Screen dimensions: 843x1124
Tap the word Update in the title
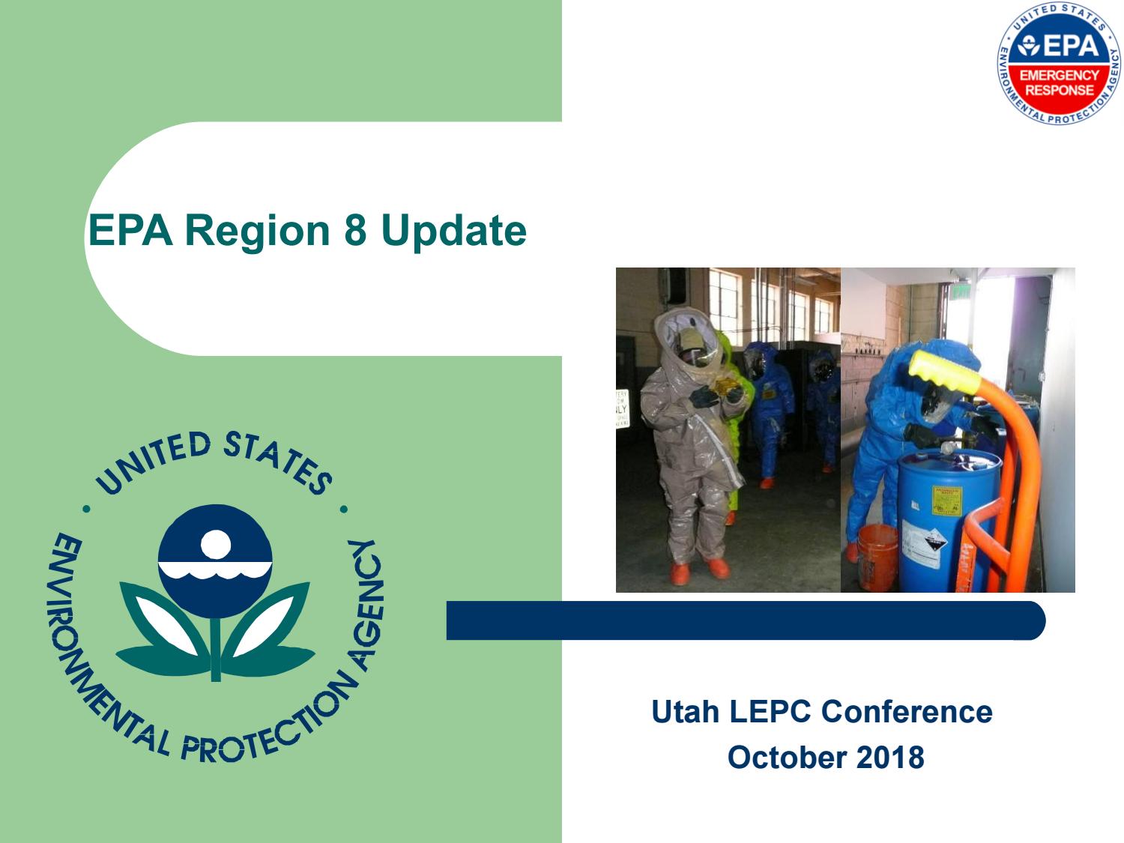[x=453, y=230]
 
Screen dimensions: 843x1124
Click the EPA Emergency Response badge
[x=1060, y=63]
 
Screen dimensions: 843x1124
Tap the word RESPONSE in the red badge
[x=1060, y=90]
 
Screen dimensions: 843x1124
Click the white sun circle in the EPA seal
[x=216, y=544]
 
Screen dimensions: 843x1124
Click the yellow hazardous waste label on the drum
[x=946, y=501]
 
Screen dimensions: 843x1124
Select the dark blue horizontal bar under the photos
[x=746, y=620]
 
